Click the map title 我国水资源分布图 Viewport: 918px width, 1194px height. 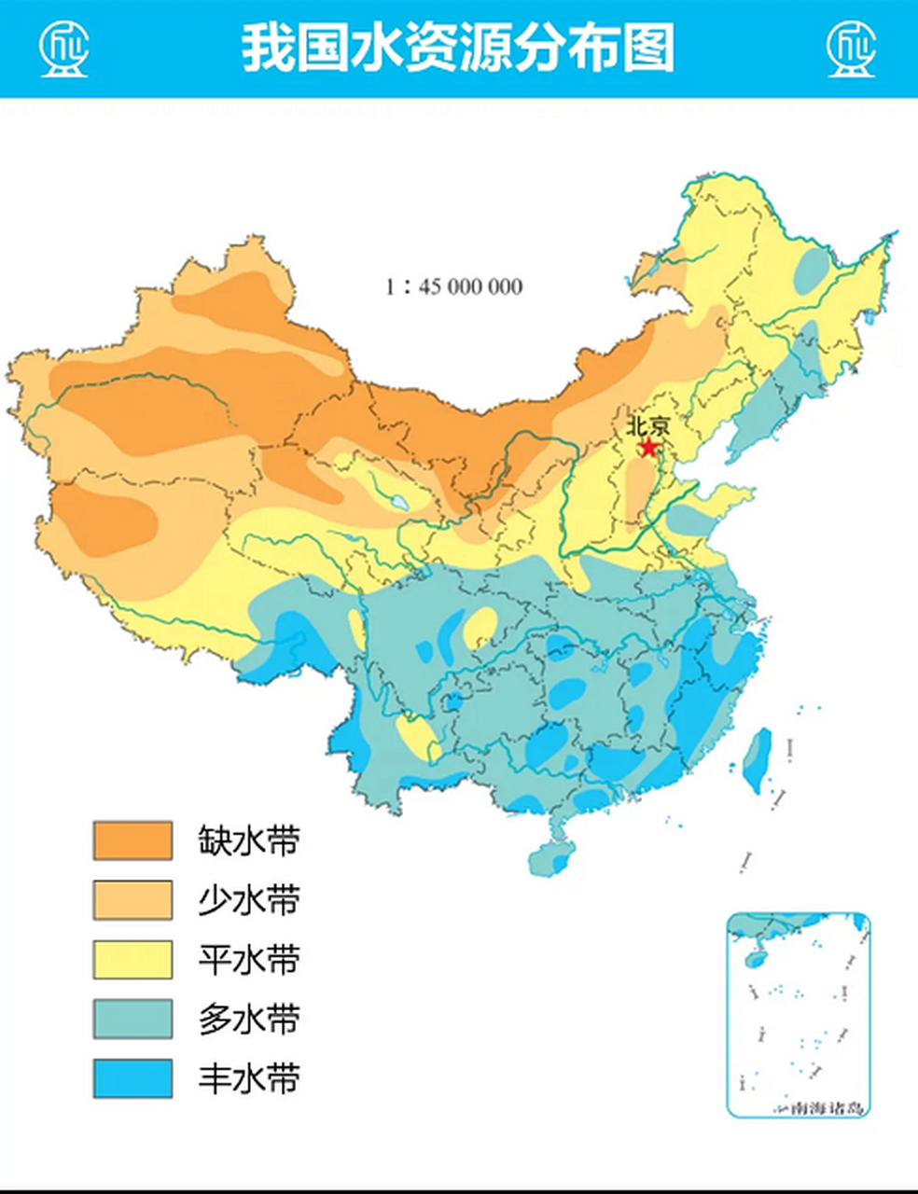(x=458, y=49)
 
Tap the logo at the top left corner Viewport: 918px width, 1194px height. (x=63, y=49)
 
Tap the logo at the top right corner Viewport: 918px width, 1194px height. (x=852, y=49)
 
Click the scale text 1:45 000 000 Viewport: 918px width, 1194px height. (x=453, y=286)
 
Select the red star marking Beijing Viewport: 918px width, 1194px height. (x=647, y=448)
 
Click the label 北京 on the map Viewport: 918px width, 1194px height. (x=647, y=426)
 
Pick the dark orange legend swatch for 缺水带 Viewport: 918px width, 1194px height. (x=132, y=840)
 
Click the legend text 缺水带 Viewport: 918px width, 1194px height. (x=249, y=840)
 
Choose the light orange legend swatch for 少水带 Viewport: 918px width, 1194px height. (x=132, y=900)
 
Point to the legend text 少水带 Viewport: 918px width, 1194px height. (x=249, y=900)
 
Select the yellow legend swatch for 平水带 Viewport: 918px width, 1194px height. (x=132, y=960)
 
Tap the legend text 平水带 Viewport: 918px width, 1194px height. (x=249, y=960)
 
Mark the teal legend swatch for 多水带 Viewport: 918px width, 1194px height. (x=132, y=1020)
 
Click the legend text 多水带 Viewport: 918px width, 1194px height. (x=249, y=1020)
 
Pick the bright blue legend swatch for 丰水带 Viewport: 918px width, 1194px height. (x=132, y=1079)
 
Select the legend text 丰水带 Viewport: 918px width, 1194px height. (x=249, y=1079)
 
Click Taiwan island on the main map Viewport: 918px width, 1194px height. (x=757, y=759)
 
